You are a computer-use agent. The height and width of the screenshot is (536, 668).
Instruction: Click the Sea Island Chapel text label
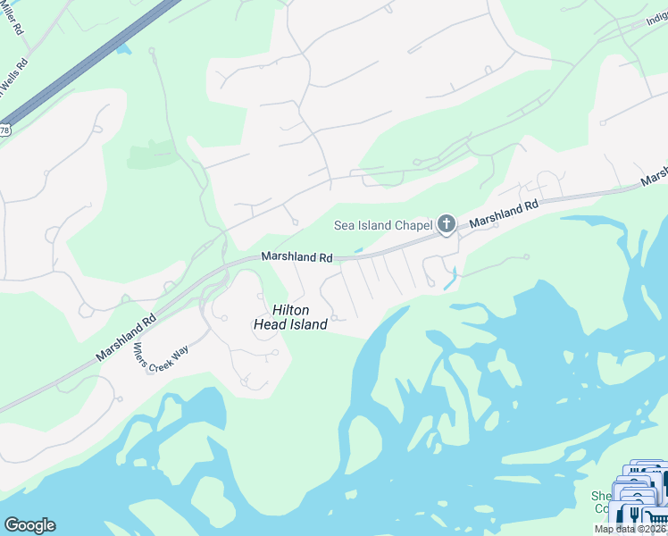383,224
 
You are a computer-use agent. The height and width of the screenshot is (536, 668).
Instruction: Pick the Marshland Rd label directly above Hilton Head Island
296,257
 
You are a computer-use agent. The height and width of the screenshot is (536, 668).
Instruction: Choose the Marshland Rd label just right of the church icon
505,213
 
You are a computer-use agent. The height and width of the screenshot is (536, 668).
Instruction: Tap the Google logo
29,525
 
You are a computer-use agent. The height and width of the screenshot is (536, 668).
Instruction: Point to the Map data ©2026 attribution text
630,529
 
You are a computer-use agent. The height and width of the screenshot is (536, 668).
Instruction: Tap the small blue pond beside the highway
121,44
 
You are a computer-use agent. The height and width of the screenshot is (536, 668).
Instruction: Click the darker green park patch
152,154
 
